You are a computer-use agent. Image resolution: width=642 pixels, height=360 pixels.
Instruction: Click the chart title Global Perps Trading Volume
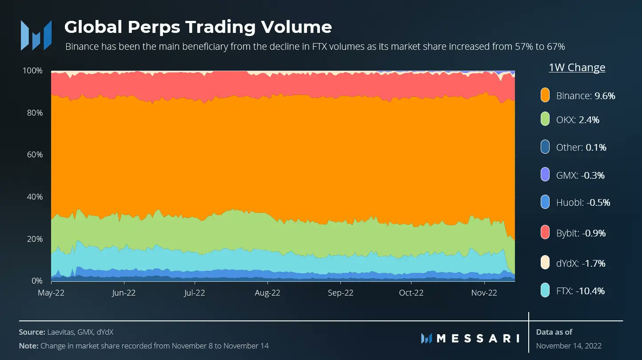[x=198, y=27]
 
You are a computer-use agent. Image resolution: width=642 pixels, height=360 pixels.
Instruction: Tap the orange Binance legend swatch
[x=546, y=95]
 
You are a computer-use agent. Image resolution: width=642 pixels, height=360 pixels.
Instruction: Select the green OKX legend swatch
[x=546, y=120]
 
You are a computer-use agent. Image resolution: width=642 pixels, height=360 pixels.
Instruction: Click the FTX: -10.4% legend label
[x=580, y=291]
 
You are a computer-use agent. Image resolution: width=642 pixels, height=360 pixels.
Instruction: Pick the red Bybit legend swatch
[x=546, y=232]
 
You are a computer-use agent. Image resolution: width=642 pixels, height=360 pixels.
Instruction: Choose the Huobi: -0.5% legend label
[x=583, y=203]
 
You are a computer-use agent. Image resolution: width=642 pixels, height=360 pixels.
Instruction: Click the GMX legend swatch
[x=546, y=175]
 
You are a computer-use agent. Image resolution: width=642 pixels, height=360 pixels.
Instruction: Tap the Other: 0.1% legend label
[x=581, y=147]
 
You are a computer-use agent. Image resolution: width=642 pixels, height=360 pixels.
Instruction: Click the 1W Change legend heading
[x=577, y=68]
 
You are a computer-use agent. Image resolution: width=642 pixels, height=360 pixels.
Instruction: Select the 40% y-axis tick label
[x=34, y=197]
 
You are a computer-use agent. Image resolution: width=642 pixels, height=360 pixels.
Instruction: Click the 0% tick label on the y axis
[x=36, y=281]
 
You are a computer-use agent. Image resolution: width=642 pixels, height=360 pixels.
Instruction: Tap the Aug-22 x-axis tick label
[x=267, y=293]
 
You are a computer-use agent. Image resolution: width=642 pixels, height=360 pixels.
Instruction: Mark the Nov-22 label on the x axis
[x=484, y=293]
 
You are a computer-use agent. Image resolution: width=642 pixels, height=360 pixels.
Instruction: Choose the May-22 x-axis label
[x=51, y=293]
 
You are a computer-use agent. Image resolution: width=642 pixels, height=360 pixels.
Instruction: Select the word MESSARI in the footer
[x=478, y=338]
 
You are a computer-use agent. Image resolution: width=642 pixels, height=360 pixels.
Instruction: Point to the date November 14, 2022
[x=569, y=346]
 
